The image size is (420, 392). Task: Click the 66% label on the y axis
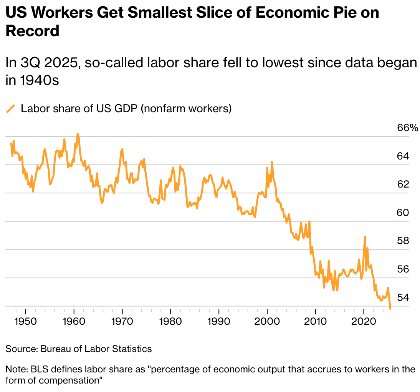(x=407, y=128)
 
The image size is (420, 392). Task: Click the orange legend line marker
(x=11, y=109)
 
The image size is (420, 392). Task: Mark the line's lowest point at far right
(x=390, y=309)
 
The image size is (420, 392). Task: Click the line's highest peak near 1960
(x=77, y=134)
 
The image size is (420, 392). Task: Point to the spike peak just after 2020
(x=365, y=237)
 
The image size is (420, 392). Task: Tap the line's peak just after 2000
(x=272, y=162)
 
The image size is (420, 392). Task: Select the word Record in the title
(x=32, y=31)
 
